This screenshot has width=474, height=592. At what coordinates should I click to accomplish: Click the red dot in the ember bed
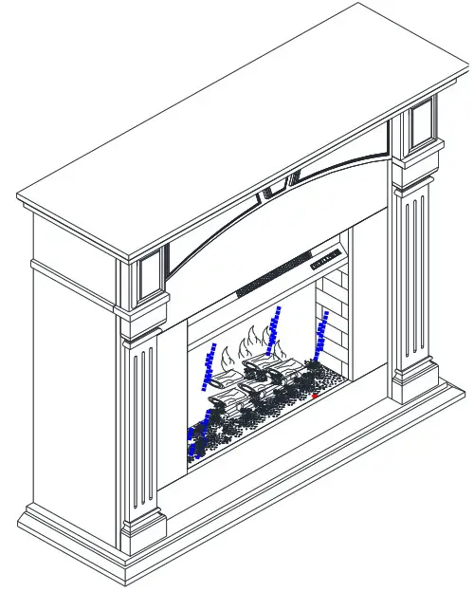[x=315, y=396]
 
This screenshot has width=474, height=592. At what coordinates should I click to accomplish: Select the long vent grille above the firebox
[x=275, y=272]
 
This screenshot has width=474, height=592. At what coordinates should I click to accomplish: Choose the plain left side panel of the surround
[x=71, y=379]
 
